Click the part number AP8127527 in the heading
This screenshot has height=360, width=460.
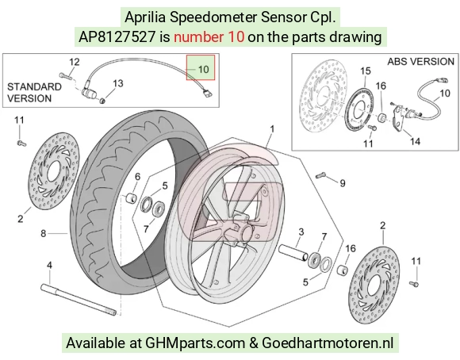coord(117,37)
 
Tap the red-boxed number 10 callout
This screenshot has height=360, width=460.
coord(203,70)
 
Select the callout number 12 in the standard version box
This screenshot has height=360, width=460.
coord(75,62)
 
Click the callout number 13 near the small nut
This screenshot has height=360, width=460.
coord(118,83)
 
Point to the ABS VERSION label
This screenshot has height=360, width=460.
coord(420,62)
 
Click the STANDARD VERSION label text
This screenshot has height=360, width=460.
coord(34,93)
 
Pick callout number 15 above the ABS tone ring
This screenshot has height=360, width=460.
coord(366,71)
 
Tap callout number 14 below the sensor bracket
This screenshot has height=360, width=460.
coord(415,141)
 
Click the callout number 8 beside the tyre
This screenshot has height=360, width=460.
coord(43,234)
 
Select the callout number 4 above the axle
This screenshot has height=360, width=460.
coord(50,266)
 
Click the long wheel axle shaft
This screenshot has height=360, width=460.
coord(79,301)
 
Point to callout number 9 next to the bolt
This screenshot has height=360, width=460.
coord(343,183)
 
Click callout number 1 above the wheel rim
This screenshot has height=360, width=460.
coord(272,129)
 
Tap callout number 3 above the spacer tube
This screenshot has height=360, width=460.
coord(301,232)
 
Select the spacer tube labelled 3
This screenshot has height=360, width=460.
coord(293,253)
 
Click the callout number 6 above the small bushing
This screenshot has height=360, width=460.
coord(137,177)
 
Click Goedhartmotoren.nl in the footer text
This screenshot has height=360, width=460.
coord(327,343)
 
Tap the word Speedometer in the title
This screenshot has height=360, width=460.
coord(213,17)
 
